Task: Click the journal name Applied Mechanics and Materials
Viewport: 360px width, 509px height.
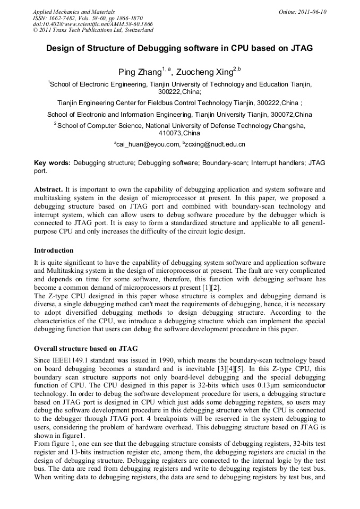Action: click(x=74, y=12)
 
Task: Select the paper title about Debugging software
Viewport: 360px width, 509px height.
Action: click(x=179, y=48)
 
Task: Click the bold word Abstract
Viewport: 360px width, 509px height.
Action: click(x=48, y=189)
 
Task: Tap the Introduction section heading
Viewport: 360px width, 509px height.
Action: click(x=54, y=250)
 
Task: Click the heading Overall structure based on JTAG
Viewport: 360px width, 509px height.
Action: click(x=85, y=349)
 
